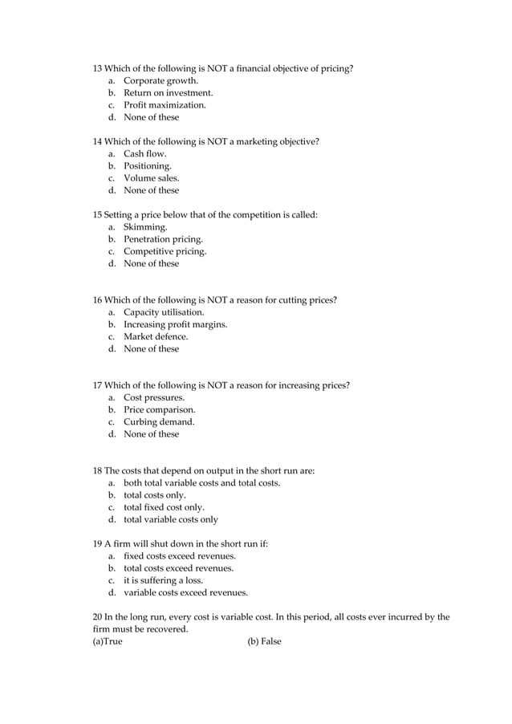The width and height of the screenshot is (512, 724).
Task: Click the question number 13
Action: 99,68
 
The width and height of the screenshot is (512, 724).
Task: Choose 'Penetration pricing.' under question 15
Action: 163,239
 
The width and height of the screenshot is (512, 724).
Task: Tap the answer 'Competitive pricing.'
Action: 165,251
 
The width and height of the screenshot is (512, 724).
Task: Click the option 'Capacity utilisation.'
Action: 164,312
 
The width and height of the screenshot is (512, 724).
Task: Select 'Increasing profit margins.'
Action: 175,324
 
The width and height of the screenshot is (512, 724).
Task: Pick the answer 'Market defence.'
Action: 156,336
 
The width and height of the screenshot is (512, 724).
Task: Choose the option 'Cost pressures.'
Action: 153,397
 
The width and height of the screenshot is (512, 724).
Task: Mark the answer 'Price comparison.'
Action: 159,409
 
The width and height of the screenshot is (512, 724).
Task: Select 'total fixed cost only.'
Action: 164,507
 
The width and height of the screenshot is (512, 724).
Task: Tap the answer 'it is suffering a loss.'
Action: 163,580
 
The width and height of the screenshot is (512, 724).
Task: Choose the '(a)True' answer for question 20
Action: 108,641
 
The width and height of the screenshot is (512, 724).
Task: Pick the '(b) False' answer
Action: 264,641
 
